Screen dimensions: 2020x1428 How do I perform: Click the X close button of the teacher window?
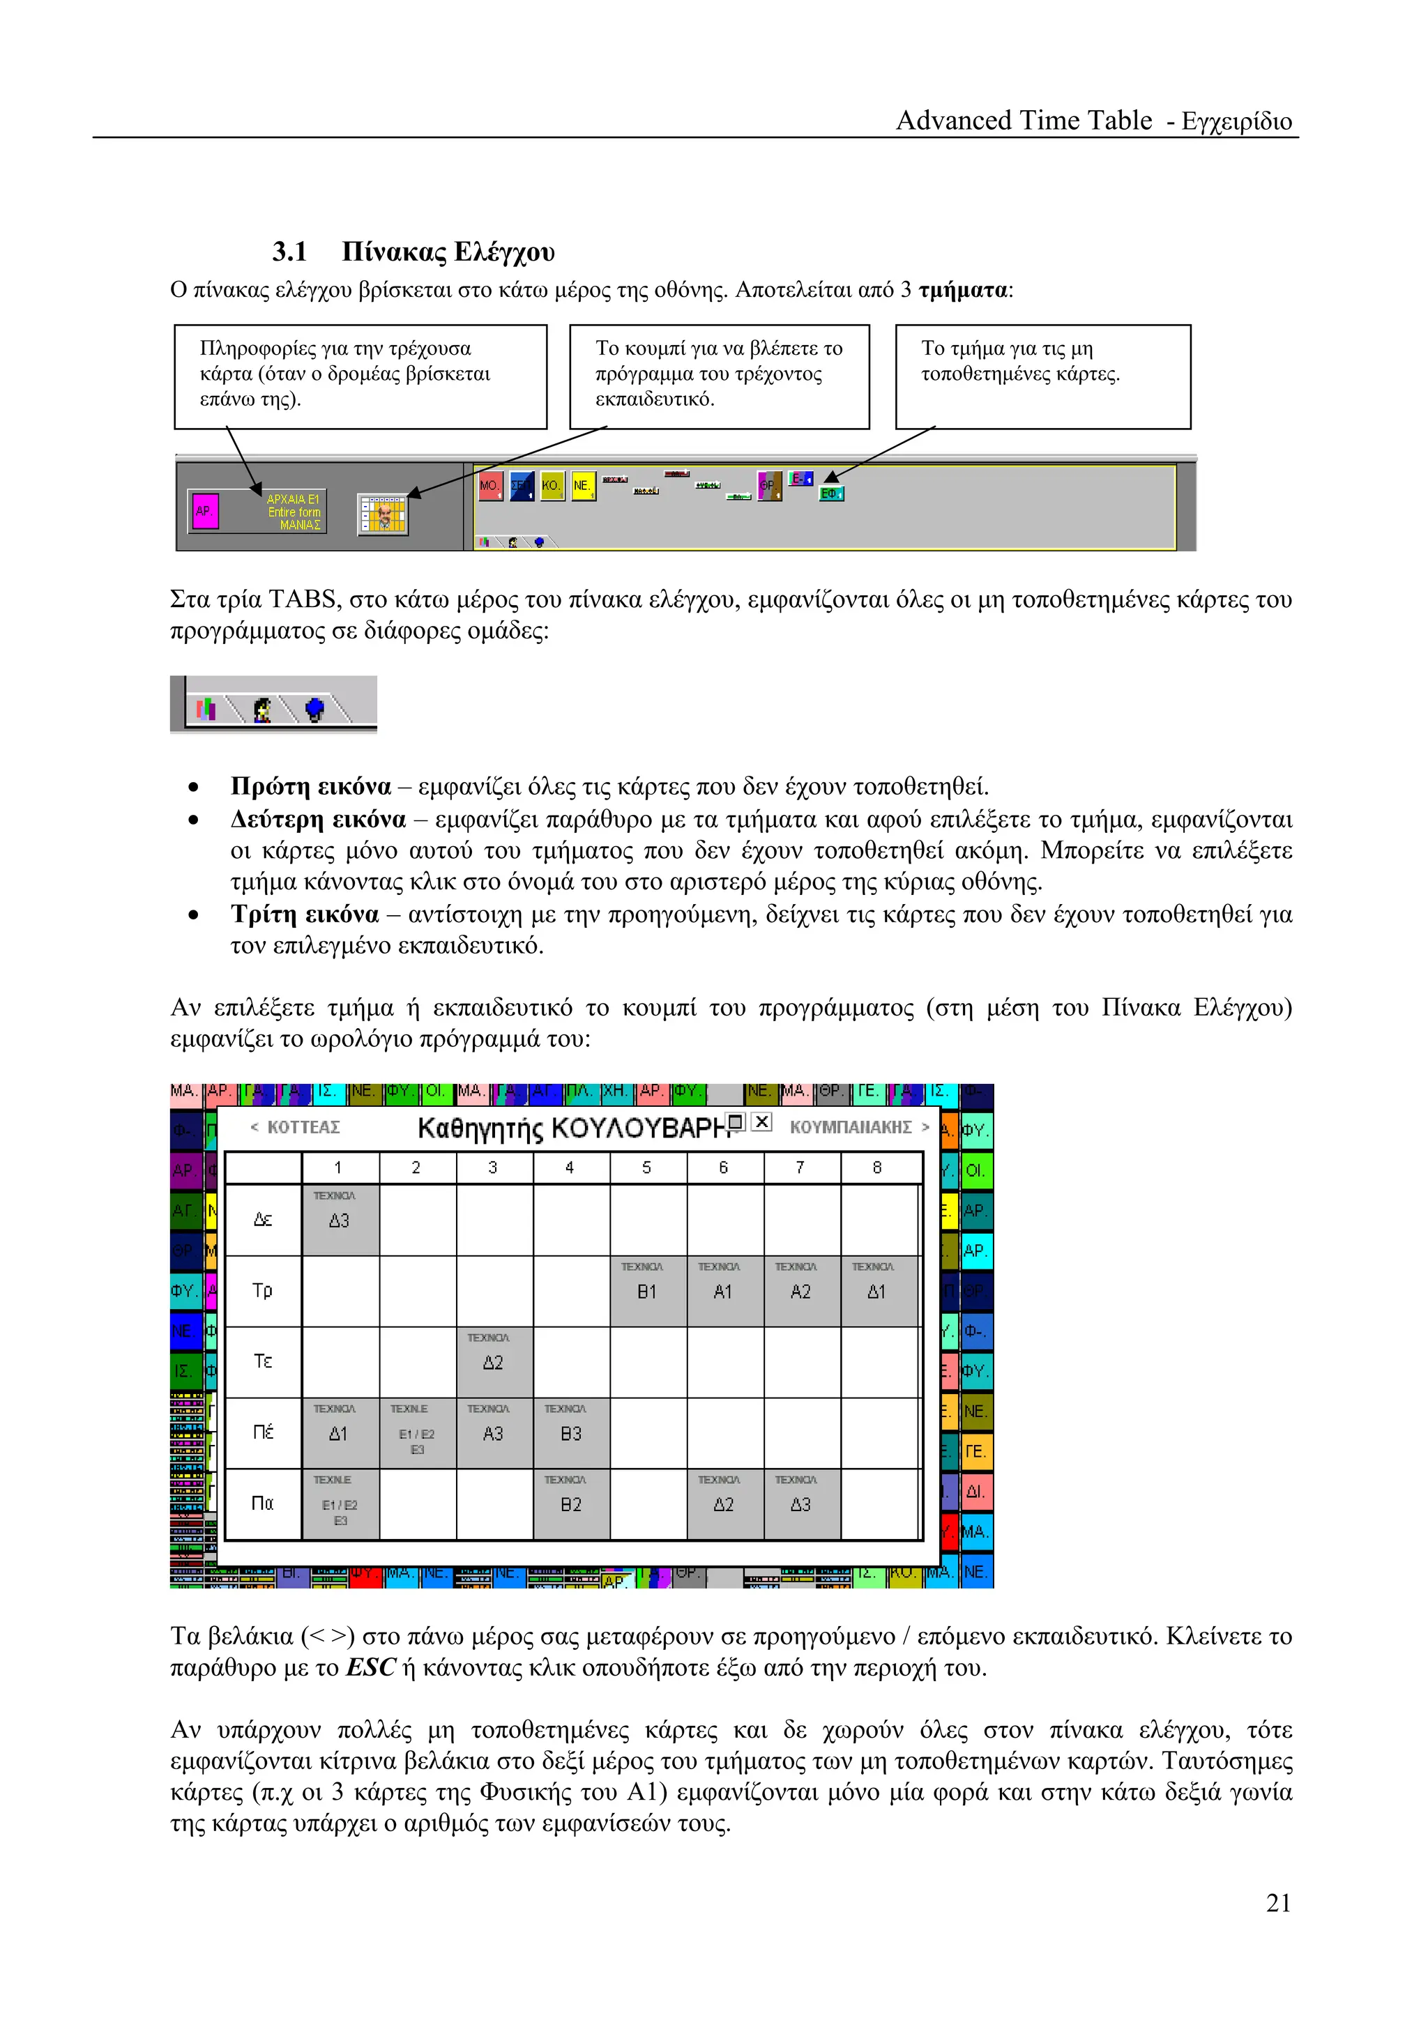coord(762,1122)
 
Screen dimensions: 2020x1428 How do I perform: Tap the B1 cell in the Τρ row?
coord(646,1291)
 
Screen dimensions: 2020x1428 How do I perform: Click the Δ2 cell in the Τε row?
coord(493,1362)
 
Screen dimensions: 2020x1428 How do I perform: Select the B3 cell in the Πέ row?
coord(570,1433)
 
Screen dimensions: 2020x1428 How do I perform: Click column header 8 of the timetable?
coord(876,1168)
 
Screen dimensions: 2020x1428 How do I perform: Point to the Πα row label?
coord(263,1503)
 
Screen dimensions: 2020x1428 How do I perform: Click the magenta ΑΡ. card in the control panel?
coord(205,510)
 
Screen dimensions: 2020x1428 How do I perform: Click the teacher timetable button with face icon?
coord(383,514)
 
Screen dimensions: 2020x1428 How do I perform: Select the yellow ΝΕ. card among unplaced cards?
coord(582,486)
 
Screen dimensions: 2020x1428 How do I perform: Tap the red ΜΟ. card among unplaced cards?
coord(490,486)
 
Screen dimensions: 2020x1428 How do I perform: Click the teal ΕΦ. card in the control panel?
coord(830,493)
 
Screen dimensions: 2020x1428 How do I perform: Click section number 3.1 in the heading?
coord(289,252)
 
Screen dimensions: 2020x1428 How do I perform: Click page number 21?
coord(1277,1903)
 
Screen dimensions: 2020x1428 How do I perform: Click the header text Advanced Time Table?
coord(1024,121)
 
